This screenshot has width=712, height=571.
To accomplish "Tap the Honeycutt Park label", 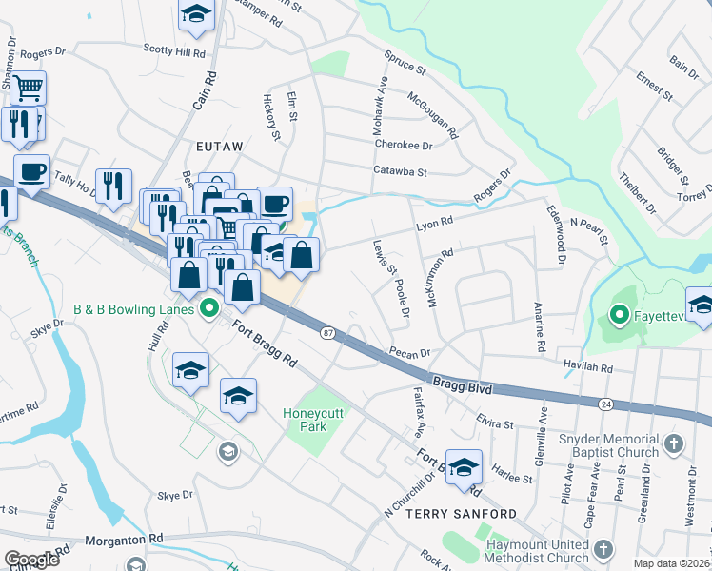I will pos(317,420).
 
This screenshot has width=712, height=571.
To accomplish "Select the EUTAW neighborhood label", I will pos(220,147).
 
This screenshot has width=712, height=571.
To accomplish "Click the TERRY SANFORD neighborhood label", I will pos(462,513).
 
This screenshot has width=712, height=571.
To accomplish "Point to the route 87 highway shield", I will pos(328,332).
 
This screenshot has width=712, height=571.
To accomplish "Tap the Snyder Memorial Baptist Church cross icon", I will pos(673,443).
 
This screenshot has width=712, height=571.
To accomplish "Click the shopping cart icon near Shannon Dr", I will pos(28,89).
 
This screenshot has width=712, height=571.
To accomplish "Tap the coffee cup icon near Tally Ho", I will pos(31,172).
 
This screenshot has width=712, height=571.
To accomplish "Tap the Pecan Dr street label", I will pos(410,352).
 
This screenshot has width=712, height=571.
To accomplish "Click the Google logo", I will pos(31,560).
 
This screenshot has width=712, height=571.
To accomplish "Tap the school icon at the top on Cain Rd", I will pos(196,13).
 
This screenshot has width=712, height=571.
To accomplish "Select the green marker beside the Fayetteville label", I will pos(619,312).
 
